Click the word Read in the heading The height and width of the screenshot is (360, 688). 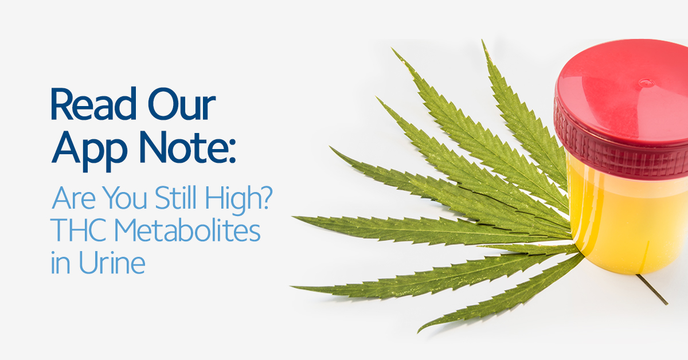93,104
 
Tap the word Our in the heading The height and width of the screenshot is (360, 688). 182,104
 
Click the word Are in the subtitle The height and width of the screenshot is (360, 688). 74,198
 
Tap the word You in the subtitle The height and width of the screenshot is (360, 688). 125,198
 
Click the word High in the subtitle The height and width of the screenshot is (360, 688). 230,199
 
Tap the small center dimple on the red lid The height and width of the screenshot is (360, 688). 646,82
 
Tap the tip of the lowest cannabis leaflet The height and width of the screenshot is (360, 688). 418,332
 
